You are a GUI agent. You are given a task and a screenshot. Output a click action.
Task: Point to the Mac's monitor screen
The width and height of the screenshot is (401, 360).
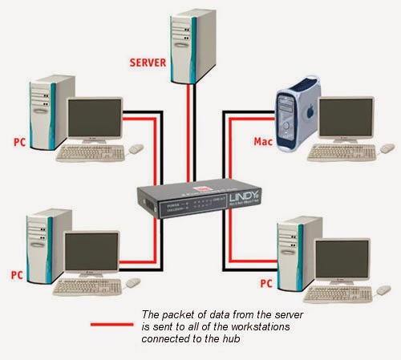[346, 119]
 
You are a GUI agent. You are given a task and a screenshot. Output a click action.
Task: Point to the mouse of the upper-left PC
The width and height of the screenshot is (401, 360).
[136, 148]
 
